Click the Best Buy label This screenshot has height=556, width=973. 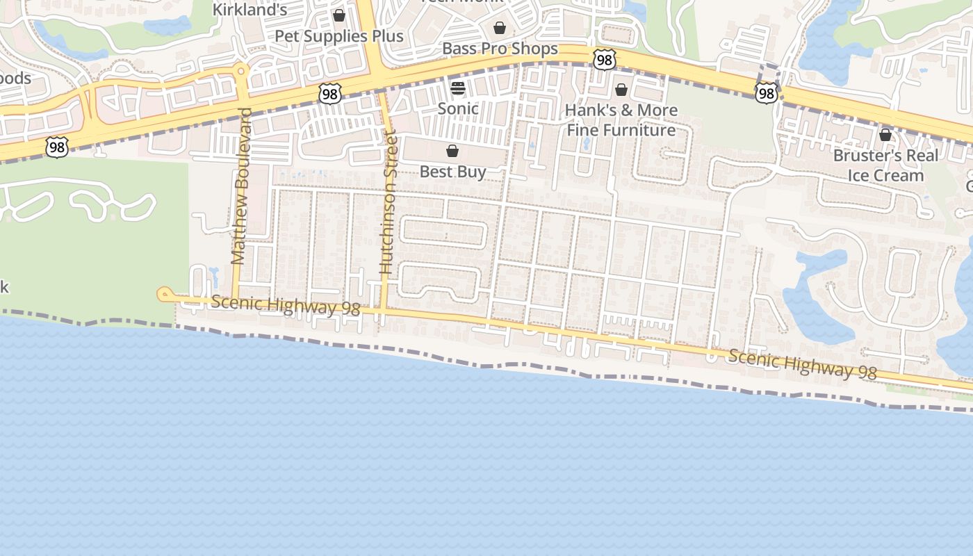click(452, 172)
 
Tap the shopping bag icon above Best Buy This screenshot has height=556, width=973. click(452, 151)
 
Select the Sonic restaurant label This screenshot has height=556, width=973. click(458, 108)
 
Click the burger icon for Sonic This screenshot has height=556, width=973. click(458, 88)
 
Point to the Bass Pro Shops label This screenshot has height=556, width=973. click(500, 49)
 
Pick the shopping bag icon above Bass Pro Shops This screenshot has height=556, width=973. click(499, 28)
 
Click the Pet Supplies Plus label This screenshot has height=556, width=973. click(338, 36)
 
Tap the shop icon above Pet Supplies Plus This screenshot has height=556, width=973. click(339, 15)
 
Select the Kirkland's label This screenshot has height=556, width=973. click(250, 10)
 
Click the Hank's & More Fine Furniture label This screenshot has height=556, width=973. click(621, 120)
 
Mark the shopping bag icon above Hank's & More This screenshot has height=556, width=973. click(621, 90)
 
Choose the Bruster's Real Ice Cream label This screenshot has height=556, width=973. click(885, 165)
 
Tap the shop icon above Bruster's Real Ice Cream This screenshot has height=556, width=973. click(885, 135)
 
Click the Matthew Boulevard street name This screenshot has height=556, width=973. click(240, 186)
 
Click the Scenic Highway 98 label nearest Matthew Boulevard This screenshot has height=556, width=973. click(286, 305)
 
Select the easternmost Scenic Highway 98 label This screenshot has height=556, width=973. click(803, 364)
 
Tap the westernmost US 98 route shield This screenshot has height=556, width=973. click(57, 147)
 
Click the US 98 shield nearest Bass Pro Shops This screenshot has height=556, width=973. click(605, 60)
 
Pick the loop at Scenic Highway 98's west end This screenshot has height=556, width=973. click(164, 295)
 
